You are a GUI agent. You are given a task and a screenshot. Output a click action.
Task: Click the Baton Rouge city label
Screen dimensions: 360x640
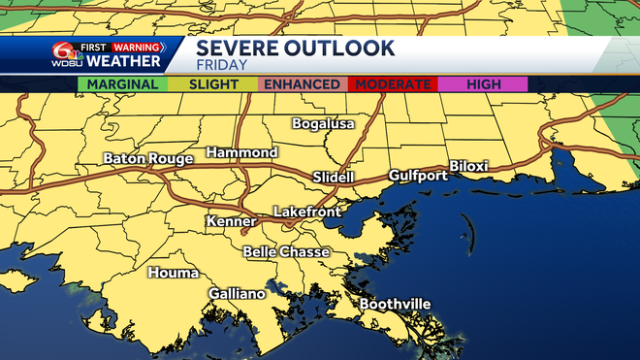[x=147, y=158]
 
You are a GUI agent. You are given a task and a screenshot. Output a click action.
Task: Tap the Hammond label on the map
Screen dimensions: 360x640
[x=241, y=152]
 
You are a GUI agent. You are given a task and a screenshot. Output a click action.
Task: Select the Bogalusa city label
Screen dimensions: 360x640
[x=324, y=124]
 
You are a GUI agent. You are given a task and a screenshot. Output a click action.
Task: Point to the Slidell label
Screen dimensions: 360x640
[x=334, y=178]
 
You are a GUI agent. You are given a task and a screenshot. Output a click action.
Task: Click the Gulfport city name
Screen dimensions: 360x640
[x=418, y=176]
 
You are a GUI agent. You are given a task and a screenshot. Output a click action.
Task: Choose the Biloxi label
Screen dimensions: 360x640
[x=469, y=166]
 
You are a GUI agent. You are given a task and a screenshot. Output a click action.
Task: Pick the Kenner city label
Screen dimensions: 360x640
[x=231, y=222]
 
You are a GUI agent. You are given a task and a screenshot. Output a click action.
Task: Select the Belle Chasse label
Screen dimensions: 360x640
[x=286, y=252]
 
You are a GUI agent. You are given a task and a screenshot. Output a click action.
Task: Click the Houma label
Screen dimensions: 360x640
[x=173, y=273]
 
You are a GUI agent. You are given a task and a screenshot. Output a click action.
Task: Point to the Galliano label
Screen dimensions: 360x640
[x=237, y=294]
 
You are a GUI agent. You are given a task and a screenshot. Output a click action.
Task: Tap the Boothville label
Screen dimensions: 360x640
[x=395, y=305]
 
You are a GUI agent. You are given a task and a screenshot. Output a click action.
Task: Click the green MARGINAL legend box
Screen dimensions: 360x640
[x=122, y=84]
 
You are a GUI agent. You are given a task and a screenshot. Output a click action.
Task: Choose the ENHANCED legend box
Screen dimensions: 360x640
[x=303, y=84]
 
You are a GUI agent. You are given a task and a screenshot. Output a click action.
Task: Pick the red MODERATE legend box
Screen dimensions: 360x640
[x=393, y=84]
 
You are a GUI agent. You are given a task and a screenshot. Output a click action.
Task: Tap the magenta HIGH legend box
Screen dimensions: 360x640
[x=483, y=84]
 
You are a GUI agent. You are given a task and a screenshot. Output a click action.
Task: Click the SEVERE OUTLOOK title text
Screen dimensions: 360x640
[x=295, y=49]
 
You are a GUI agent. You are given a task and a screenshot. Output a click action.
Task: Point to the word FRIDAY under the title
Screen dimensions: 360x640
[x=222, y=66]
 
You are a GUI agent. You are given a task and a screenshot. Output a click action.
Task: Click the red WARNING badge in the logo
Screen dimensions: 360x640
[x=136, y=46]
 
